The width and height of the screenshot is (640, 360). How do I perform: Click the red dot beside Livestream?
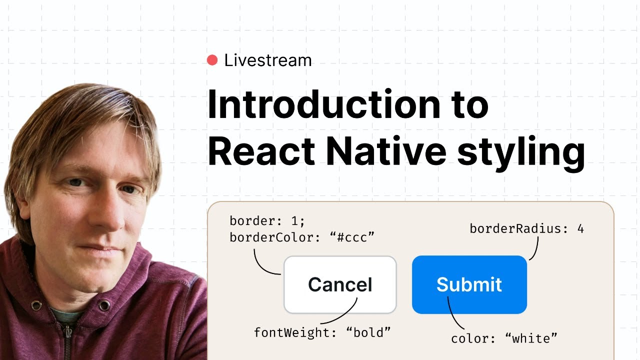point(212,60)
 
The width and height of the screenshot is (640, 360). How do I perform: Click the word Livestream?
point(268,60)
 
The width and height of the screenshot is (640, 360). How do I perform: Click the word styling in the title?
point(520,152)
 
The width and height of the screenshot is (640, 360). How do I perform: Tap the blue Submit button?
point(469,284)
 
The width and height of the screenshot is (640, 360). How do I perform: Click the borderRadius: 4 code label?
point(526,229)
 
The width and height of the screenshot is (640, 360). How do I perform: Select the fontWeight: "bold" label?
point(322,332)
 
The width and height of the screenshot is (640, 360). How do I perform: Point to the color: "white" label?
point(504,338)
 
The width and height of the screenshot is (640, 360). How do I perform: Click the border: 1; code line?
point(266,220)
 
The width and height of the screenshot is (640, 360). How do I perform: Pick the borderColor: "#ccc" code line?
point(302,237)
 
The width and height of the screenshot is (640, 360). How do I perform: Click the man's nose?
point(105,210)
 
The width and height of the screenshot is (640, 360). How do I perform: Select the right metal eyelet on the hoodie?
point(103,304)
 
